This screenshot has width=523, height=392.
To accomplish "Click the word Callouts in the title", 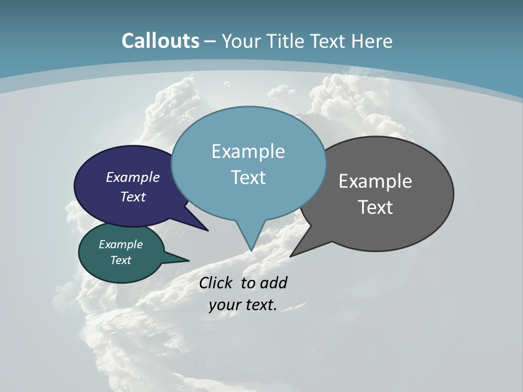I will tap(161, 41).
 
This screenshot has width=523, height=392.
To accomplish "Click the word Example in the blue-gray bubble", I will tap(248, 151).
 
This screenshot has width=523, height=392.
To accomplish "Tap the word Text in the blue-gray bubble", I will tap(248, 177).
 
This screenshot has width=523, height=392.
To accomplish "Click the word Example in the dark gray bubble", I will tap(375, 181).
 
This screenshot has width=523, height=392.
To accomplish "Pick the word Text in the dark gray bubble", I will tap(375, 207).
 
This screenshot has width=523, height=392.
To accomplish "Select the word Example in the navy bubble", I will tap(133, 177).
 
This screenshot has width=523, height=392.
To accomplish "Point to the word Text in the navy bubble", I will tap(133, 197).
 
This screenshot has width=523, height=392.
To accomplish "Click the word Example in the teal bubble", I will tap(120, 244).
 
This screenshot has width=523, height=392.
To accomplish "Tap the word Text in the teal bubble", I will tap(120, 260).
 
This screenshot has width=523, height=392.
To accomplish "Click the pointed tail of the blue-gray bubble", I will tap(251, 242).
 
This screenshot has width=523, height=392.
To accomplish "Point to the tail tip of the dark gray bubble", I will tap(294, 254).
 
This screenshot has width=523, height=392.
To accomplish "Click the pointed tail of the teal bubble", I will tap(183, 260).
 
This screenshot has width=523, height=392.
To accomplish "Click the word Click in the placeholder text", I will tap(217, 283).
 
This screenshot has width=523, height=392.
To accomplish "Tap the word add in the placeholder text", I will tap(273, 283).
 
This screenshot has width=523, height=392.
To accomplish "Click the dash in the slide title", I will tap(211, 41).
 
